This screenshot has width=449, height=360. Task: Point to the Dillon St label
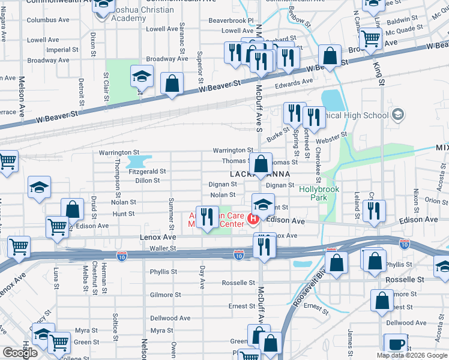pos(147,180)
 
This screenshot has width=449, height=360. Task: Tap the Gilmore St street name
pos(166,295)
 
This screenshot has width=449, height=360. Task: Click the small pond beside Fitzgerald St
pos(139,161)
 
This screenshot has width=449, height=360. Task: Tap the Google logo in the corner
pos(20,353)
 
